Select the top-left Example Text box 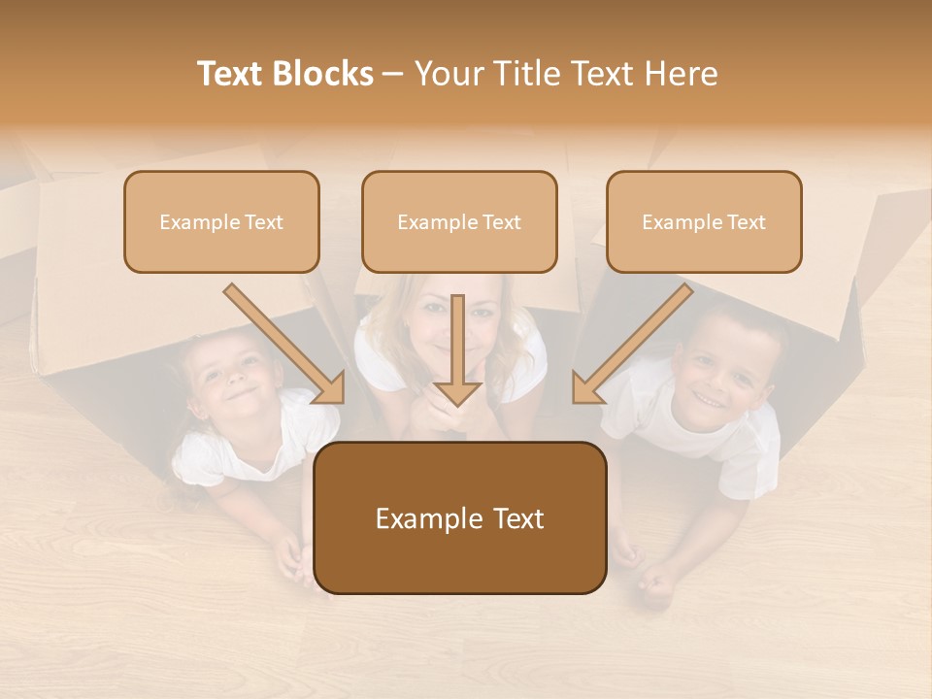[221, 222]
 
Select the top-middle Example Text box [459, 222]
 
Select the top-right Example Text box [704, 222]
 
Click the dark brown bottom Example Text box [460, 518]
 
